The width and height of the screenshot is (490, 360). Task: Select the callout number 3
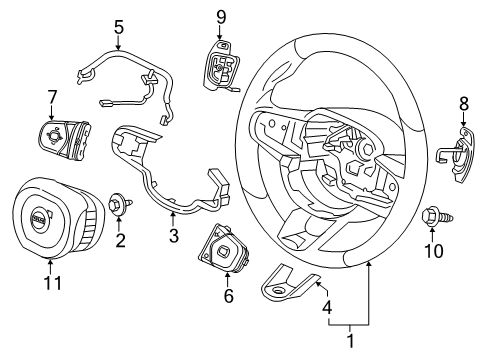(x=173, y=236)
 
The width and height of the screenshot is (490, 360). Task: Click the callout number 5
(x=118, y=28)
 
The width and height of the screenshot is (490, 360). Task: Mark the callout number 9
(x=221, y=16)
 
